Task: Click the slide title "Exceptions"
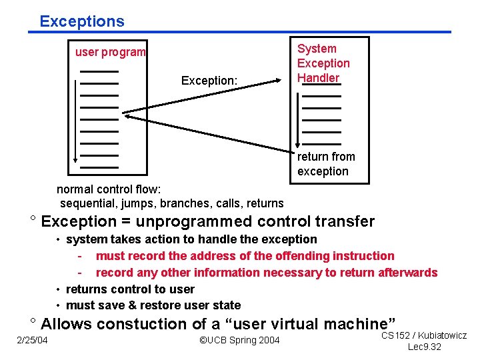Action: click(81, 21)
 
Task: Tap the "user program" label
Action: click(110, 52)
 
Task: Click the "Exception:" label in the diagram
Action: click(209, 81)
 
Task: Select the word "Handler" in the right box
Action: click(318, 78)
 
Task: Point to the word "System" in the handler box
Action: click(317, 49)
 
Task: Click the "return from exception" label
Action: click(326, 164)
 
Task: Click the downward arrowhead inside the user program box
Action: click(76, 159)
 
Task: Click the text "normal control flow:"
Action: click(104, 189)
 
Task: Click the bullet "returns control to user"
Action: click(130, 289)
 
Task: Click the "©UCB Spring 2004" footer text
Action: click(240, 341)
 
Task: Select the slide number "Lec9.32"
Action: click(424, 347)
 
